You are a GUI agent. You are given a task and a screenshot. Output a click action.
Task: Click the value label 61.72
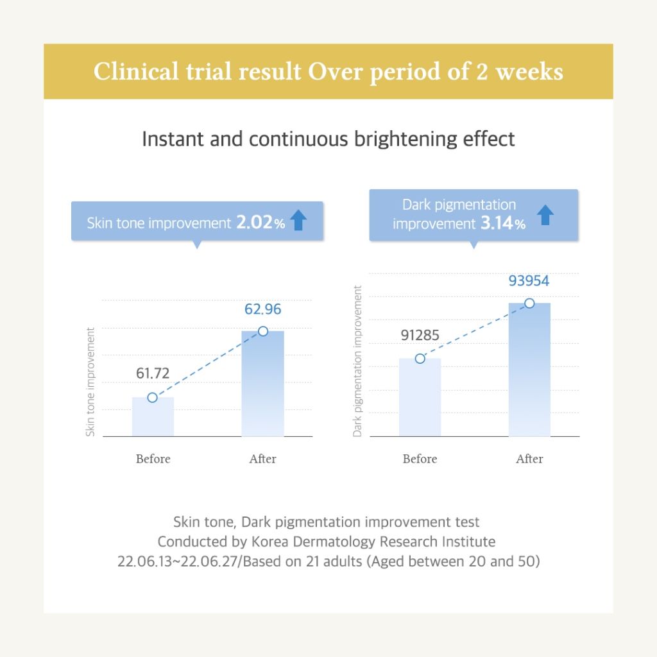coord(154,373)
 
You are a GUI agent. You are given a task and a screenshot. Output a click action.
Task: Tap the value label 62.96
coord(262,309)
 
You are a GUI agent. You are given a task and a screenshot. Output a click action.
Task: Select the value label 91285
coord(420,335)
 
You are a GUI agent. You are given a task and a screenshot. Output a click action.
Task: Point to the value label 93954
coord(529,281)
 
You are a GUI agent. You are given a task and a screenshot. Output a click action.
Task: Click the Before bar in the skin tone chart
coord(153,418)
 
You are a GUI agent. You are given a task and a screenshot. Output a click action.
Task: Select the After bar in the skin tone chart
coord(262,385)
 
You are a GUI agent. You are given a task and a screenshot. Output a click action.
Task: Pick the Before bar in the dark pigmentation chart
coord(420,398)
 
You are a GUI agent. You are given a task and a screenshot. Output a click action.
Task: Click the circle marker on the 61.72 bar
coord(152,397)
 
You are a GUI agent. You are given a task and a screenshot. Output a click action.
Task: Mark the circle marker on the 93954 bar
coord(529,303)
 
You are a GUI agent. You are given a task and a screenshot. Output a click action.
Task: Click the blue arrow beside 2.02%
coord(298,221)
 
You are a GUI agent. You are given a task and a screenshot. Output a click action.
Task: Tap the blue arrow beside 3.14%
coord(545,215)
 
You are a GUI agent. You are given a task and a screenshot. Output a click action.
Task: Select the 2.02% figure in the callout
coord(260,223)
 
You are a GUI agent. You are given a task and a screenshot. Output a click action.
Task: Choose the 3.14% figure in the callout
coord(502,223)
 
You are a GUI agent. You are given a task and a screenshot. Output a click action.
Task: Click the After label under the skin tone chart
coord(262,459)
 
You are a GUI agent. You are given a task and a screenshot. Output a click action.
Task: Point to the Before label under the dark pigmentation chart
coord(420,459)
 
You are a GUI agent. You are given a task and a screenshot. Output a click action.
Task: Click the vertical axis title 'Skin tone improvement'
coord(90,382)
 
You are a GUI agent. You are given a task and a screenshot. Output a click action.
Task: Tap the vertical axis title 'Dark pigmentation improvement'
coord(358,361)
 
